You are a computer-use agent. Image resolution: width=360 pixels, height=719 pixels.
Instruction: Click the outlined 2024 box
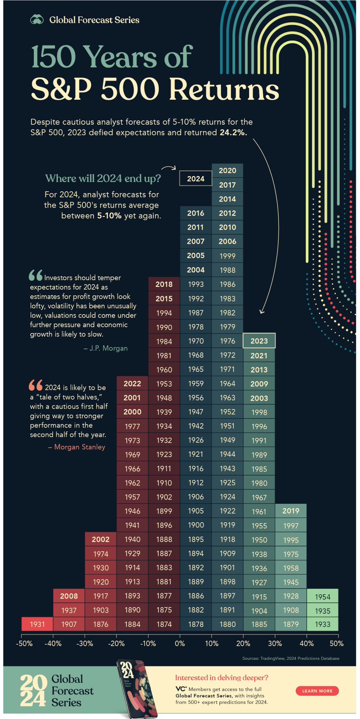click(195, 178)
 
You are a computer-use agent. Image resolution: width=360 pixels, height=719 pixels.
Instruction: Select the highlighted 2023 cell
click(259, 341)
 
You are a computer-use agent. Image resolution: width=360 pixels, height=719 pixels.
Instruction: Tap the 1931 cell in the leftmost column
click(37, 624)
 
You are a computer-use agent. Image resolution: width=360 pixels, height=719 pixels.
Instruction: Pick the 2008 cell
click(69, 596)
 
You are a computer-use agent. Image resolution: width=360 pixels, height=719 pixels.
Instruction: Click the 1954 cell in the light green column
click(322, 596)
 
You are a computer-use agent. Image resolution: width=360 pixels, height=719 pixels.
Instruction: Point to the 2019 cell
click(291, 511)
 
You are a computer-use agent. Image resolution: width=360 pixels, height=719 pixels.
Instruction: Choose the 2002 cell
click(100, 539)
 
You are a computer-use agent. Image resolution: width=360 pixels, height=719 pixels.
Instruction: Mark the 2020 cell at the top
click(227, 171)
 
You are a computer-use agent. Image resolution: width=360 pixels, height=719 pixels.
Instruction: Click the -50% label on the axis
click(24, 644)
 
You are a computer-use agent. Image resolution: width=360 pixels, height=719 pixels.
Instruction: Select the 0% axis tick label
click(180, 644)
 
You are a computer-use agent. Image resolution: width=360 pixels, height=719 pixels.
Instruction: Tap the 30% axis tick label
click(275, 644)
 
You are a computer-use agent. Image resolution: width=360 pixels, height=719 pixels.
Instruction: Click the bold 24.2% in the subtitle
click(233, 133)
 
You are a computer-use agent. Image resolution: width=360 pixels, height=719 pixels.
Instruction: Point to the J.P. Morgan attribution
click(106, 348)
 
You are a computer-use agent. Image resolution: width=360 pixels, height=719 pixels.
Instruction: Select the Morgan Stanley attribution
click(77, 447)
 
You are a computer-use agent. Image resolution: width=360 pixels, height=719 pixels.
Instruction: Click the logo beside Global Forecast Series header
click(37, 20)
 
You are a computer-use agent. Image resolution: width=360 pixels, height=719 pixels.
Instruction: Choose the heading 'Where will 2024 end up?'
click(103, 178)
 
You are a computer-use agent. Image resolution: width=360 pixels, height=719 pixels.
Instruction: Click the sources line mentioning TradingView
click(291, 658)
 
